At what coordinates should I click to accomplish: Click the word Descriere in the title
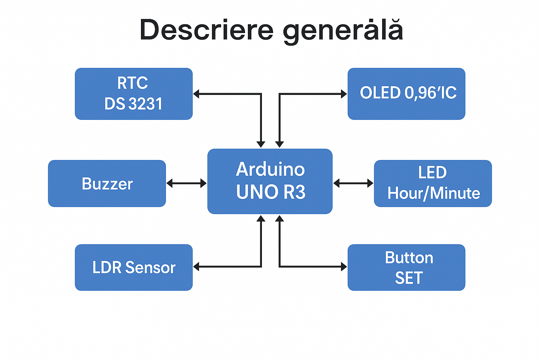[206, 30]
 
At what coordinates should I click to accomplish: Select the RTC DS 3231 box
[134, 94]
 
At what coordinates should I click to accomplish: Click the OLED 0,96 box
[406, 94]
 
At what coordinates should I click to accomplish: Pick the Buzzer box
[107, 184]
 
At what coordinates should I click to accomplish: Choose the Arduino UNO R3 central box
[270, 181]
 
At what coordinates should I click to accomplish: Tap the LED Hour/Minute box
[433, 184]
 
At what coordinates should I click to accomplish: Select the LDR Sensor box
[134, 268]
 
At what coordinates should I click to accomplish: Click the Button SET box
[406, 268]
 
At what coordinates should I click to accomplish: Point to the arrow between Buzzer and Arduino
[186, 183]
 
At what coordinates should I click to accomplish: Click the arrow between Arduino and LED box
[353, 183]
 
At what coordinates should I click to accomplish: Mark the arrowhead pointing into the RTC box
[197, 94]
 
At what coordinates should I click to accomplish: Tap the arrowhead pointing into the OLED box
[344, 94]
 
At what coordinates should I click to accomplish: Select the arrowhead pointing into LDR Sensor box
[197, 266]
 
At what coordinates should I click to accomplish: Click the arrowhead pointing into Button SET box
[344, 266]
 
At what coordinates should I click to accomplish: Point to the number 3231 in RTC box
[146, 104]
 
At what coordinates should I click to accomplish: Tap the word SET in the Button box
[409, 278]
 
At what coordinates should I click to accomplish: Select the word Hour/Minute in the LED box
[433, 193]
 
